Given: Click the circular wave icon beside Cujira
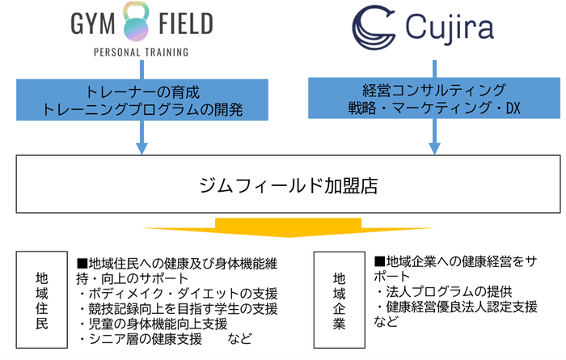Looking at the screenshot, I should pyautogui.click(x=372, y=26).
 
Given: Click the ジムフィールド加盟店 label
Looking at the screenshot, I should pyautogui.click(x=283, y=184).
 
